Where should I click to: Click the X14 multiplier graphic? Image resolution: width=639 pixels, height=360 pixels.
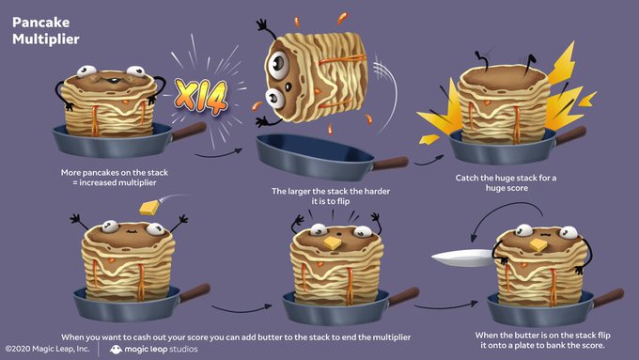(x=201, y=97)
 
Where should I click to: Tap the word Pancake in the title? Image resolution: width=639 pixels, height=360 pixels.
(x=40, y=22)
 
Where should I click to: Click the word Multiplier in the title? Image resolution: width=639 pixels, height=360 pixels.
(x=46, y=39)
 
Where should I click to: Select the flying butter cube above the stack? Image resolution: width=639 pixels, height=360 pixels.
(x=149, y=208)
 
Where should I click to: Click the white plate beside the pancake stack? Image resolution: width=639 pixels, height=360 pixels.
(x=463, y=258)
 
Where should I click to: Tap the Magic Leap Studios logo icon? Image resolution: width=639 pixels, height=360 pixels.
(x=116, y=350)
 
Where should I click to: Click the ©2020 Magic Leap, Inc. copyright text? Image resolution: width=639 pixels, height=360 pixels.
(x=47, y=349)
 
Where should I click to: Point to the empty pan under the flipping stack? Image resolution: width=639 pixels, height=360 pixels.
(x=314, y=157)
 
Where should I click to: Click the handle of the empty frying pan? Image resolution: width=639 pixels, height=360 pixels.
(x=390, y=163)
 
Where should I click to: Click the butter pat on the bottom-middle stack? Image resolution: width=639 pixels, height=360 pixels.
(x=333, y=243)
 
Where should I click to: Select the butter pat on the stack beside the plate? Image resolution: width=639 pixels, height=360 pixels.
(x=538, y=245)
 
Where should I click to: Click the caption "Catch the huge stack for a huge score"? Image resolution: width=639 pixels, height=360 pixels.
(x=507, y=182)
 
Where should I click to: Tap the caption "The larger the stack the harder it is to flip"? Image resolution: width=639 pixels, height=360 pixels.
(x=331, y=196)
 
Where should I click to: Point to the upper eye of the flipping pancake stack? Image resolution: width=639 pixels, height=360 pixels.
(x=279, y=64)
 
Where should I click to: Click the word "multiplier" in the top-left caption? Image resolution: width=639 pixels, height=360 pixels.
(x=137, y=182)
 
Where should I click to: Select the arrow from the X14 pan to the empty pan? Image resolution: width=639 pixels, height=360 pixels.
(x=219, y=154)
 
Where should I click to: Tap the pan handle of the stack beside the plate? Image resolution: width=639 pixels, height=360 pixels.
(x=608, y=298)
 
